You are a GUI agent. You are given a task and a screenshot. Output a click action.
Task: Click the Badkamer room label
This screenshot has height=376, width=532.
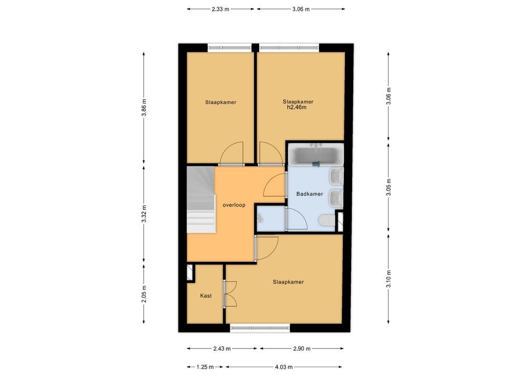(x=310, y=194)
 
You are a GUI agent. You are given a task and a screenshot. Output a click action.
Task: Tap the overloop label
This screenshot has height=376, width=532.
(x=234, y=205)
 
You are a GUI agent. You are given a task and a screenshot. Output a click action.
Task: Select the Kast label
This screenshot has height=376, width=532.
(x=206, y=296)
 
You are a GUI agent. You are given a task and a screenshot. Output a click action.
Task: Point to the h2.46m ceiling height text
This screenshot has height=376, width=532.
(x=297, y=108)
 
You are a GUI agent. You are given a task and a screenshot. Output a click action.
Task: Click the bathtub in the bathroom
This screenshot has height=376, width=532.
(x=315, y=155)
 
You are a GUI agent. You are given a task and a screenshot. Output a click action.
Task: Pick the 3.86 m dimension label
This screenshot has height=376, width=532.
(x=144, y=108)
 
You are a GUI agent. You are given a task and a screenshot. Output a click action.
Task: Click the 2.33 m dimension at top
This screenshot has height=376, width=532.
(x=220, y=9)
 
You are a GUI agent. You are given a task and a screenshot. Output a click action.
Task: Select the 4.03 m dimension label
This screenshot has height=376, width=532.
(x=284, y=367)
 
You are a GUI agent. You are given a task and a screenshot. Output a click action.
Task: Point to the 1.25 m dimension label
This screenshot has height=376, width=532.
(x=205, y=367)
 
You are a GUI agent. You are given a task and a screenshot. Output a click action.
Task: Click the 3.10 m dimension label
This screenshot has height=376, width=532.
(x=389, y=279)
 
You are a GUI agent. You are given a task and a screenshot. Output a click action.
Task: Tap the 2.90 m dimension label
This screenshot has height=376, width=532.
(x=302, y=348)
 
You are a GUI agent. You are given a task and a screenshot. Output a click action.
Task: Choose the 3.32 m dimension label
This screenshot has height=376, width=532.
(x=144, y=214)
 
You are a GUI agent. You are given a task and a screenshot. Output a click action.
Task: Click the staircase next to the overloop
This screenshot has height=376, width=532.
(x=201, y=199)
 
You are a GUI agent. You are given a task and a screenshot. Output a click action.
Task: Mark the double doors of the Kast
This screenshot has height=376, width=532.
(x=229, y=294)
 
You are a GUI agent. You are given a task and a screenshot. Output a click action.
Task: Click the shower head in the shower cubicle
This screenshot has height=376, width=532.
(x=260, y=217)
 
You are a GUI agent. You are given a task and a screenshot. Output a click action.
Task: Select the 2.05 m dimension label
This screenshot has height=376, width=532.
(x=144, y=293)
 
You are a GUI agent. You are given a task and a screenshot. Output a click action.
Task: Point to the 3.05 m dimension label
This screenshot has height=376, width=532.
(x=389, y=187)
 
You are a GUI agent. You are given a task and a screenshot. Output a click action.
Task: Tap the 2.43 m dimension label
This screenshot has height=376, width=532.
(x=222, y=348)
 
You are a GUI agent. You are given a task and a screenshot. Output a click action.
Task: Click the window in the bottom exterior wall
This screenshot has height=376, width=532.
(x=260, y=328)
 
